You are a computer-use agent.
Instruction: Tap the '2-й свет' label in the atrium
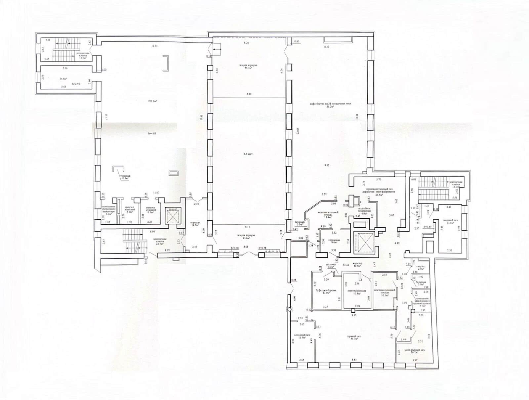click(x=248, y=163)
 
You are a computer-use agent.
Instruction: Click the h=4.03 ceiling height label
click(x=152, y=133)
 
